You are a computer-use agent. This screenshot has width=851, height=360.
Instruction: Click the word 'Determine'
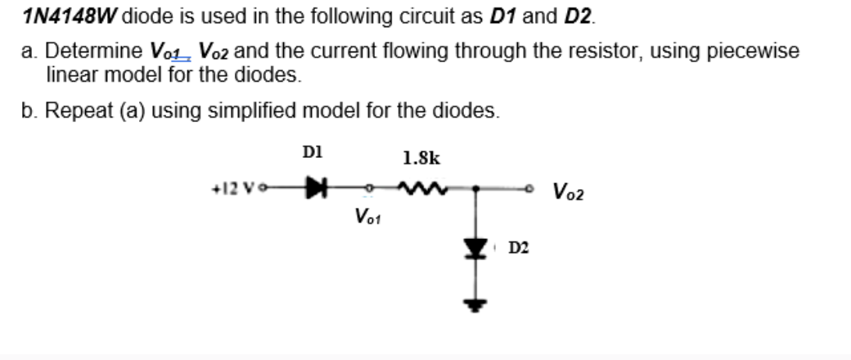pos(95,51)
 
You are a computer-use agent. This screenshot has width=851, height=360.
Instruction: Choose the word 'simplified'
pos(261,110)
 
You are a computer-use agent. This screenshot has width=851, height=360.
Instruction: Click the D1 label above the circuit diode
pos(313,152)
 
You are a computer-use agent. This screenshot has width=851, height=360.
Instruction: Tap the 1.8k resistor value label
pos(422,157)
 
